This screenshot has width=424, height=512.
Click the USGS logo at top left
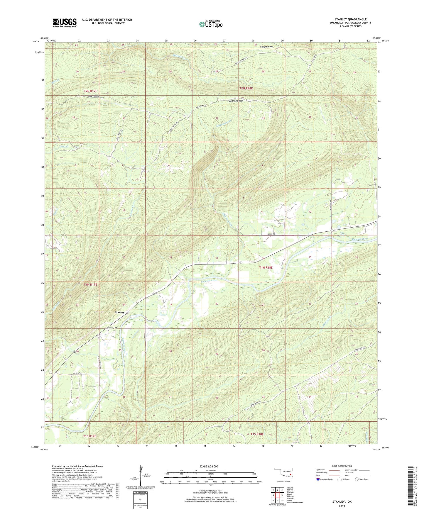(65, 23)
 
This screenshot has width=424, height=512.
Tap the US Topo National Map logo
(211, 24)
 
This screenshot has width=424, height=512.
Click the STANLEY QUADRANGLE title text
(350, 19)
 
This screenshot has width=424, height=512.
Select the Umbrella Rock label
(236, 101)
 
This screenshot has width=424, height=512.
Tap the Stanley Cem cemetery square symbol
(107, 330)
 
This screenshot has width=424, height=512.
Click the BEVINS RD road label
(271, 234)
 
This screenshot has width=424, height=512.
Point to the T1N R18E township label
(266, 267)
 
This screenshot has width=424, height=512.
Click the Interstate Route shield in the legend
(318, 479)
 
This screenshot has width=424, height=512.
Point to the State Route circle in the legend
(357, 479)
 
